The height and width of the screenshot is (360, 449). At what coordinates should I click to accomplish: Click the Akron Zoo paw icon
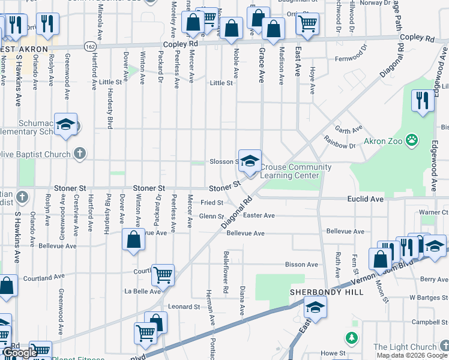(411, 141)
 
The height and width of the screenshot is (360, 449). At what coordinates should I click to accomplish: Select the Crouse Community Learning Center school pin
(250, 161)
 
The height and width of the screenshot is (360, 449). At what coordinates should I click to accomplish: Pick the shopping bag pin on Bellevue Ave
(133, 240)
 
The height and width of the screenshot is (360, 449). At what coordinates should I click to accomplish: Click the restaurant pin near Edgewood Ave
(423, 100)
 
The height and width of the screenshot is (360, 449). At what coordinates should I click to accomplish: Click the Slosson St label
(224, 162)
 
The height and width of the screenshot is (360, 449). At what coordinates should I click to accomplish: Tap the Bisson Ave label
(301, 265)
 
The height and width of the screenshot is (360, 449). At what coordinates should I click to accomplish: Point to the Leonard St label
(184, 307)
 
